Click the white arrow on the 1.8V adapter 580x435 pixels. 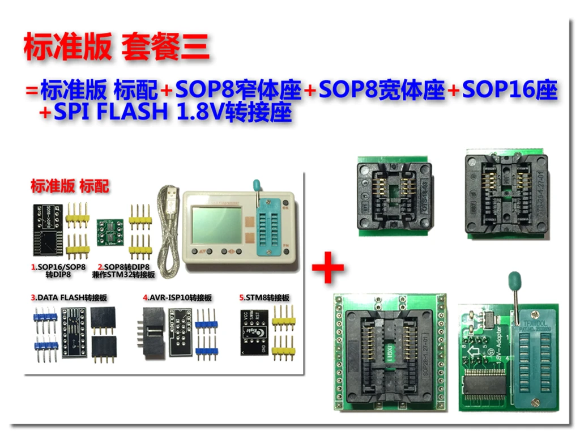pyautogui.click(x=472, y=356)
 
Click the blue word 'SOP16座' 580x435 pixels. pyautogui.click(x=510, y=90)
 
